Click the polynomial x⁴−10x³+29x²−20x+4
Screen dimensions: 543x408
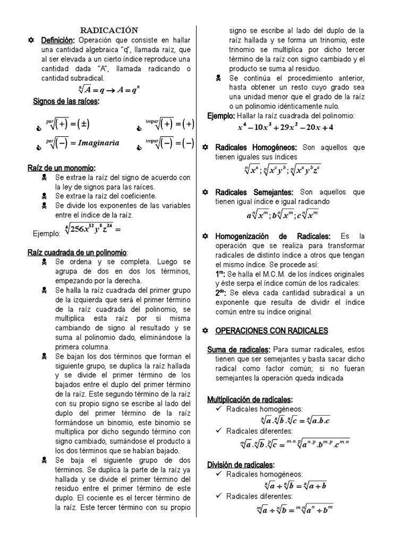pyautogui.click(x=285, y=127)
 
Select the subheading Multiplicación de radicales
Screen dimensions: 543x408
pyautogui.click(x=250, y=399)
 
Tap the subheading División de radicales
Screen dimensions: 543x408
pyautogui.click(x=241, y=464)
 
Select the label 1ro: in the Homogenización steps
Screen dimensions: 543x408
pyautogui.click(x=220, y=274)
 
